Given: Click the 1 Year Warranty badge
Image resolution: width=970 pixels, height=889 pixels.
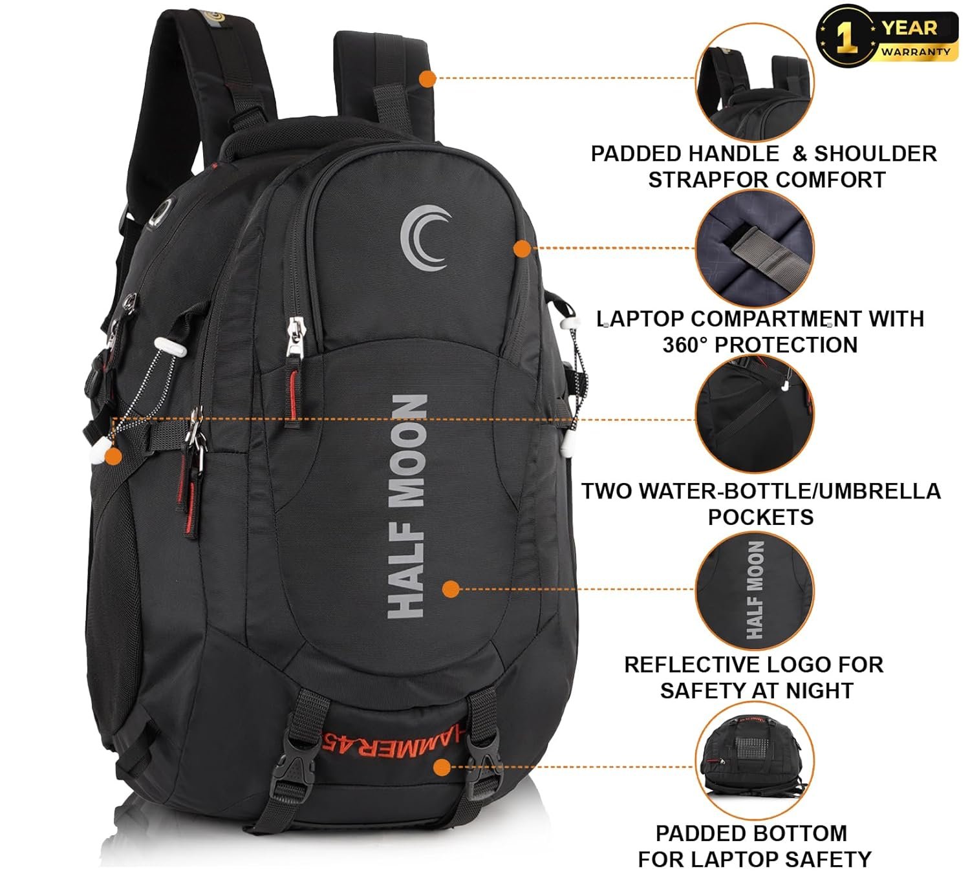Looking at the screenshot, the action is tap(887, 36).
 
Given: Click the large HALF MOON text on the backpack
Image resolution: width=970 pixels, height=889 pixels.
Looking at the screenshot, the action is tap(407, 506).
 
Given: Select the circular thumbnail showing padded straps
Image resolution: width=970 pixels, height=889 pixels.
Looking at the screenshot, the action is tap(755, 81).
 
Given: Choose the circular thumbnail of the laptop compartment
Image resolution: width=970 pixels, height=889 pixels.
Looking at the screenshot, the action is tap(755, 248).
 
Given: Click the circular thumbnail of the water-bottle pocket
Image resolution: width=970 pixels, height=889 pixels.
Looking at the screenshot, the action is tap(755, 414).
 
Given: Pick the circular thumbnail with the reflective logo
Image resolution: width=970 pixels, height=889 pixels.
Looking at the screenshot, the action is tap(755, 590).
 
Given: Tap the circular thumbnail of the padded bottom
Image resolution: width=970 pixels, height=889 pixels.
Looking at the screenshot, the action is tap(755, 760).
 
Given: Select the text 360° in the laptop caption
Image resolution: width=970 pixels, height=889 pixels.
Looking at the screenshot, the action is tap(685, 345).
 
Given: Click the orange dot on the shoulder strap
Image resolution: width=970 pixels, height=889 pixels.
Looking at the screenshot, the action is tap(427, 78).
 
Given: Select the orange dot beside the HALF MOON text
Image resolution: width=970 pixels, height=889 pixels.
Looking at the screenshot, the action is tap(451, 589).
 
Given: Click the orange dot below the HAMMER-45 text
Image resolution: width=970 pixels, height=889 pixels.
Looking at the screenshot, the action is tap(442, 767).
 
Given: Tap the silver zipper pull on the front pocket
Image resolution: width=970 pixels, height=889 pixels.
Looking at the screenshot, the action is tap(295, 337).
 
